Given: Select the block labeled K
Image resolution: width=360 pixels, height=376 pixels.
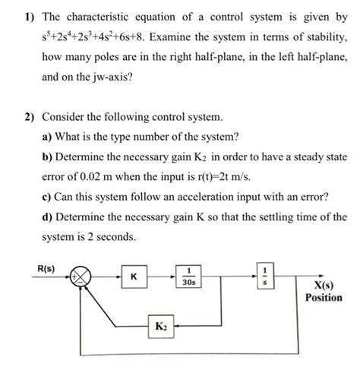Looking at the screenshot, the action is coord(134,279).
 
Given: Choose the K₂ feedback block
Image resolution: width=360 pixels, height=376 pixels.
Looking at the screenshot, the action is coord(162,325).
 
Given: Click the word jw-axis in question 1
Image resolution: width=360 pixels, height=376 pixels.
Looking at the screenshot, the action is coord(111,77).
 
